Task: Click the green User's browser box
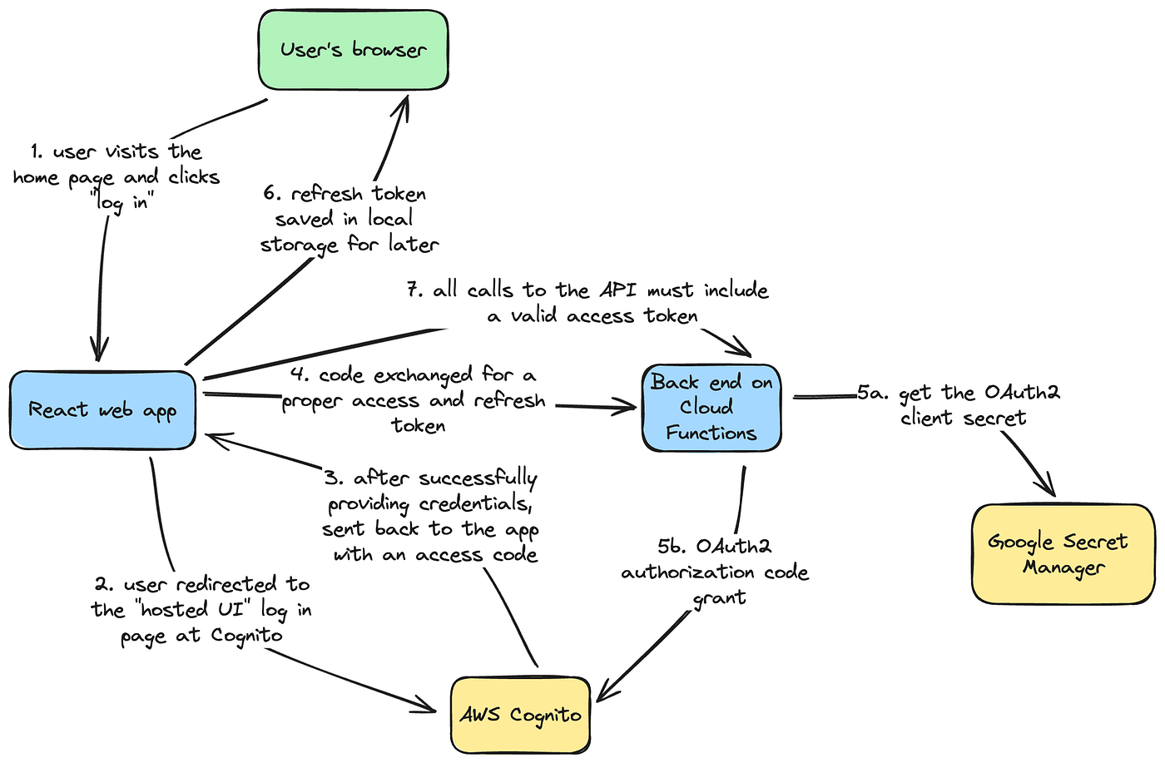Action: (354, 50)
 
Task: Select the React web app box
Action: (102, 410)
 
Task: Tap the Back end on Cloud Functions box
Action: (711, 408)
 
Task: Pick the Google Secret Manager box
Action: (1063, 553)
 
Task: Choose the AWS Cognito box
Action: (520, 715)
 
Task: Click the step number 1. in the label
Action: (37, 151)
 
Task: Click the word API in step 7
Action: (617, 290)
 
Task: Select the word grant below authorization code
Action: (719, 598)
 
